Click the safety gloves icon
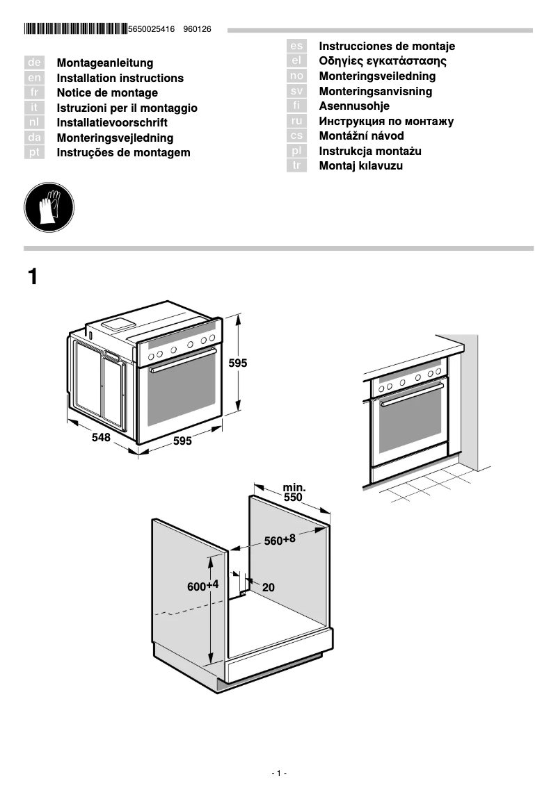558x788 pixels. (x=49, y=208)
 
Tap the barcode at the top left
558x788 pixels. (x=75, y=29)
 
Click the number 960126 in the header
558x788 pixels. (x=197, y=29)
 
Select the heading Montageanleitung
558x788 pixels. (x=104, y=63)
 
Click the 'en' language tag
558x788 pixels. (x=34, y=79)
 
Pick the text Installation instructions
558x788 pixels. (x=120, y=79)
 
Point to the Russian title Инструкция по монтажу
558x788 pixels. (x=386, y=122)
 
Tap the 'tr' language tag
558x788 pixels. (x=296, y=166)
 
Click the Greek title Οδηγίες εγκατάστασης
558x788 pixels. (x=383, y=61)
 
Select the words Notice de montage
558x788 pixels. (x=107, y=93)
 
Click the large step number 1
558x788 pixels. (x=33, y=277)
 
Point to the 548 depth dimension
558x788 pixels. (x=102, y=438)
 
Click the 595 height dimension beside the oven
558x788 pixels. (x=238, y=363)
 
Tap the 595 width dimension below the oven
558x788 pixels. (x=182, y=441)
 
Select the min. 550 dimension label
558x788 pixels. (x=293, y=493)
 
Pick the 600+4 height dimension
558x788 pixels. (x=202, y=586)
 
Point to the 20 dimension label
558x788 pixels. (x=268, y=587)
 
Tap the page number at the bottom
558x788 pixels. (x=278, y=773)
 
